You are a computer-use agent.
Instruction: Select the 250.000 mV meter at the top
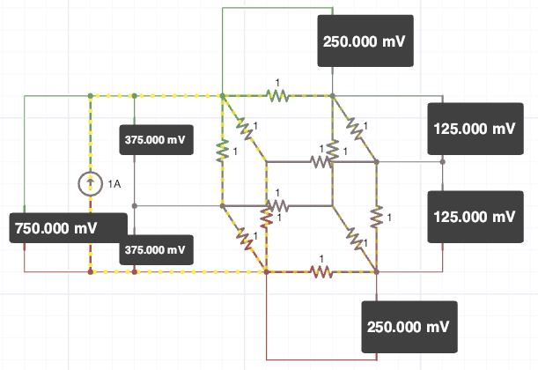click(364, 41)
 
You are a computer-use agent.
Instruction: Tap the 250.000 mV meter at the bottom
click(411, 327)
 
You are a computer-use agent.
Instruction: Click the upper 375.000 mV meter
click(155, 140)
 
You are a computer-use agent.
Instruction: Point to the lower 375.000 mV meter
click(155, 250)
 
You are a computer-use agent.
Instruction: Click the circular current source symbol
click(90, 184)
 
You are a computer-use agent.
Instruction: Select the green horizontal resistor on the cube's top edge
click(278, 96)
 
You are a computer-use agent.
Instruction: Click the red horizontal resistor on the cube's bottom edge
click(321, 272)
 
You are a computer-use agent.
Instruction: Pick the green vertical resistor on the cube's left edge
click(222, 151)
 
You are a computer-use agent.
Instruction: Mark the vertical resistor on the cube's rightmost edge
click(376, 217)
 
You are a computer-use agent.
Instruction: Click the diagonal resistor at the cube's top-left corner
click(244, 129)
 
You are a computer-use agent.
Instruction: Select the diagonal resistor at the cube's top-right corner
click(354, 129)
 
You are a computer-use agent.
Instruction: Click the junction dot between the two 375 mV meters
click(134, 206)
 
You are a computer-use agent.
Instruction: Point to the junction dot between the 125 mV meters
click(443, 162)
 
